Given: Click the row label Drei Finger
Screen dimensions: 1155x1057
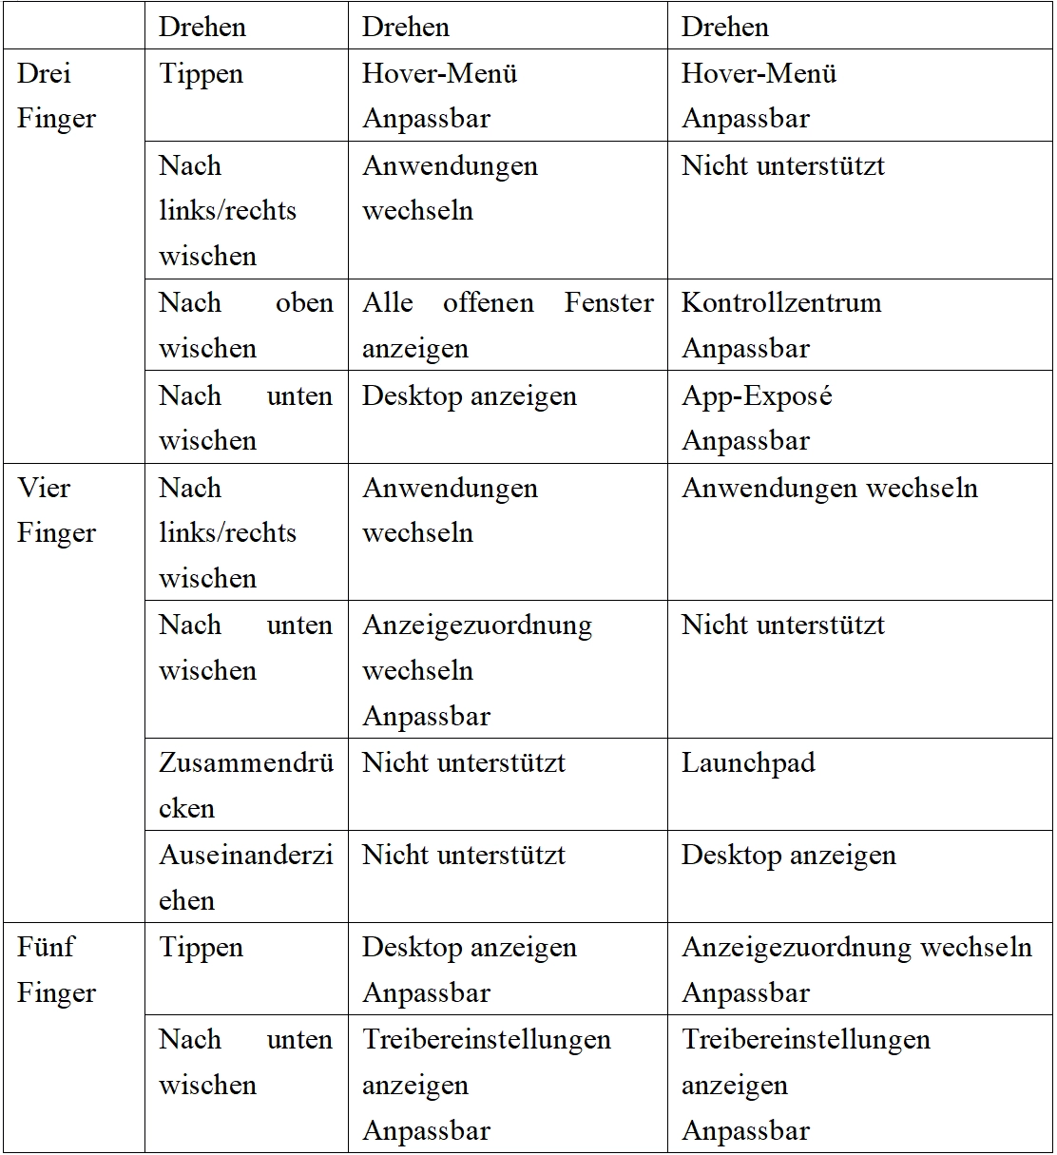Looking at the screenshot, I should point(57,96).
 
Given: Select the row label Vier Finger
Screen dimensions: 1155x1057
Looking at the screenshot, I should point(57,510).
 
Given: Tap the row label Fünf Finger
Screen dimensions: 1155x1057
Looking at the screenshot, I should point(57,970).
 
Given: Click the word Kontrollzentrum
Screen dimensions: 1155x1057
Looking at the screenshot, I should point(781,302).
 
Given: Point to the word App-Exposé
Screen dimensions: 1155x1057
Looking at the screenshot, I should point(757,395).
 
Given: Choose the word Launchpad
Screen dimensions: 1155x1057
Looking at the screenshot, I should point(748,762).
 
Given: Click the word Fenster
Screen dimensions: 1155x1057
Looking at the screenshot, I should point(609,302).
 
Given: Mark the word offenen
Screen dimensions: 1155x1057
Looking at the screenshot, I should point(488,302).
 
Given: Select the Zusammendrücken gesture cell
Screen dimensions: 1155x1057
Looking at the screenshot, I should point(245,785).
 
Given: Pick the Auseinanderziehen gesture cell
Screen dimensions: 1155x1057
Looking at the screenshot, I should point(245,877).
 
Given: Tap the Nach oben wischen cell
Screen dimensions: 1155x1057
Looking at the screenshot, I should point(245,325).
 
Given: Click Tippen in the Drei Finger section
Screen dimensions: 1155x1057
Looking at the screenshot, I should point(202,74).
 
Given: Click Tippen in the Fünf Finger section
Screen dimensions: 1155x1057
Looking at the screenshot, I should point(202,948).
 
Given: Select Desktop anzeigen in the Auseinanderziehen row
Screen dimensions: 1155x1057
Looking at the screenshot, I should point(788,855).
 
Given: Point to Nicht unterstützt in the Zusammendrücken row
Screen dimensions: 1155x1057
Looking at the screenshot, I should point(464,762).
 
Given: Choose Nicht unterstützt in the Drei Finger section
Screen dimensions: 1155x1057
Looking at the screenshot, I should point(782,165).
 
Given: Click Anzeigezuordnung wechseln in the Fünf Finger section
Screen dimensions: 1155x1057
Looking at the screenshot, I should point(856,948).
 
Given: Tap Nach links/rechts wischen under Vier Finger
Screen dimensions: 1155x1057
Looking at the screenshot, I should point(228,533).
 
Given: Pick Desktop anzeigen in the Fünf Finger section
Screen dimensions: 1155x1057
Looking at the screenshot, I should point(470,948).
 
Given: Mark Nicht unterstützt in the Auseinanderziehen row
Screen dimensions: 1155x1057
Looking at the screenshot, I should point(464,855).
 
